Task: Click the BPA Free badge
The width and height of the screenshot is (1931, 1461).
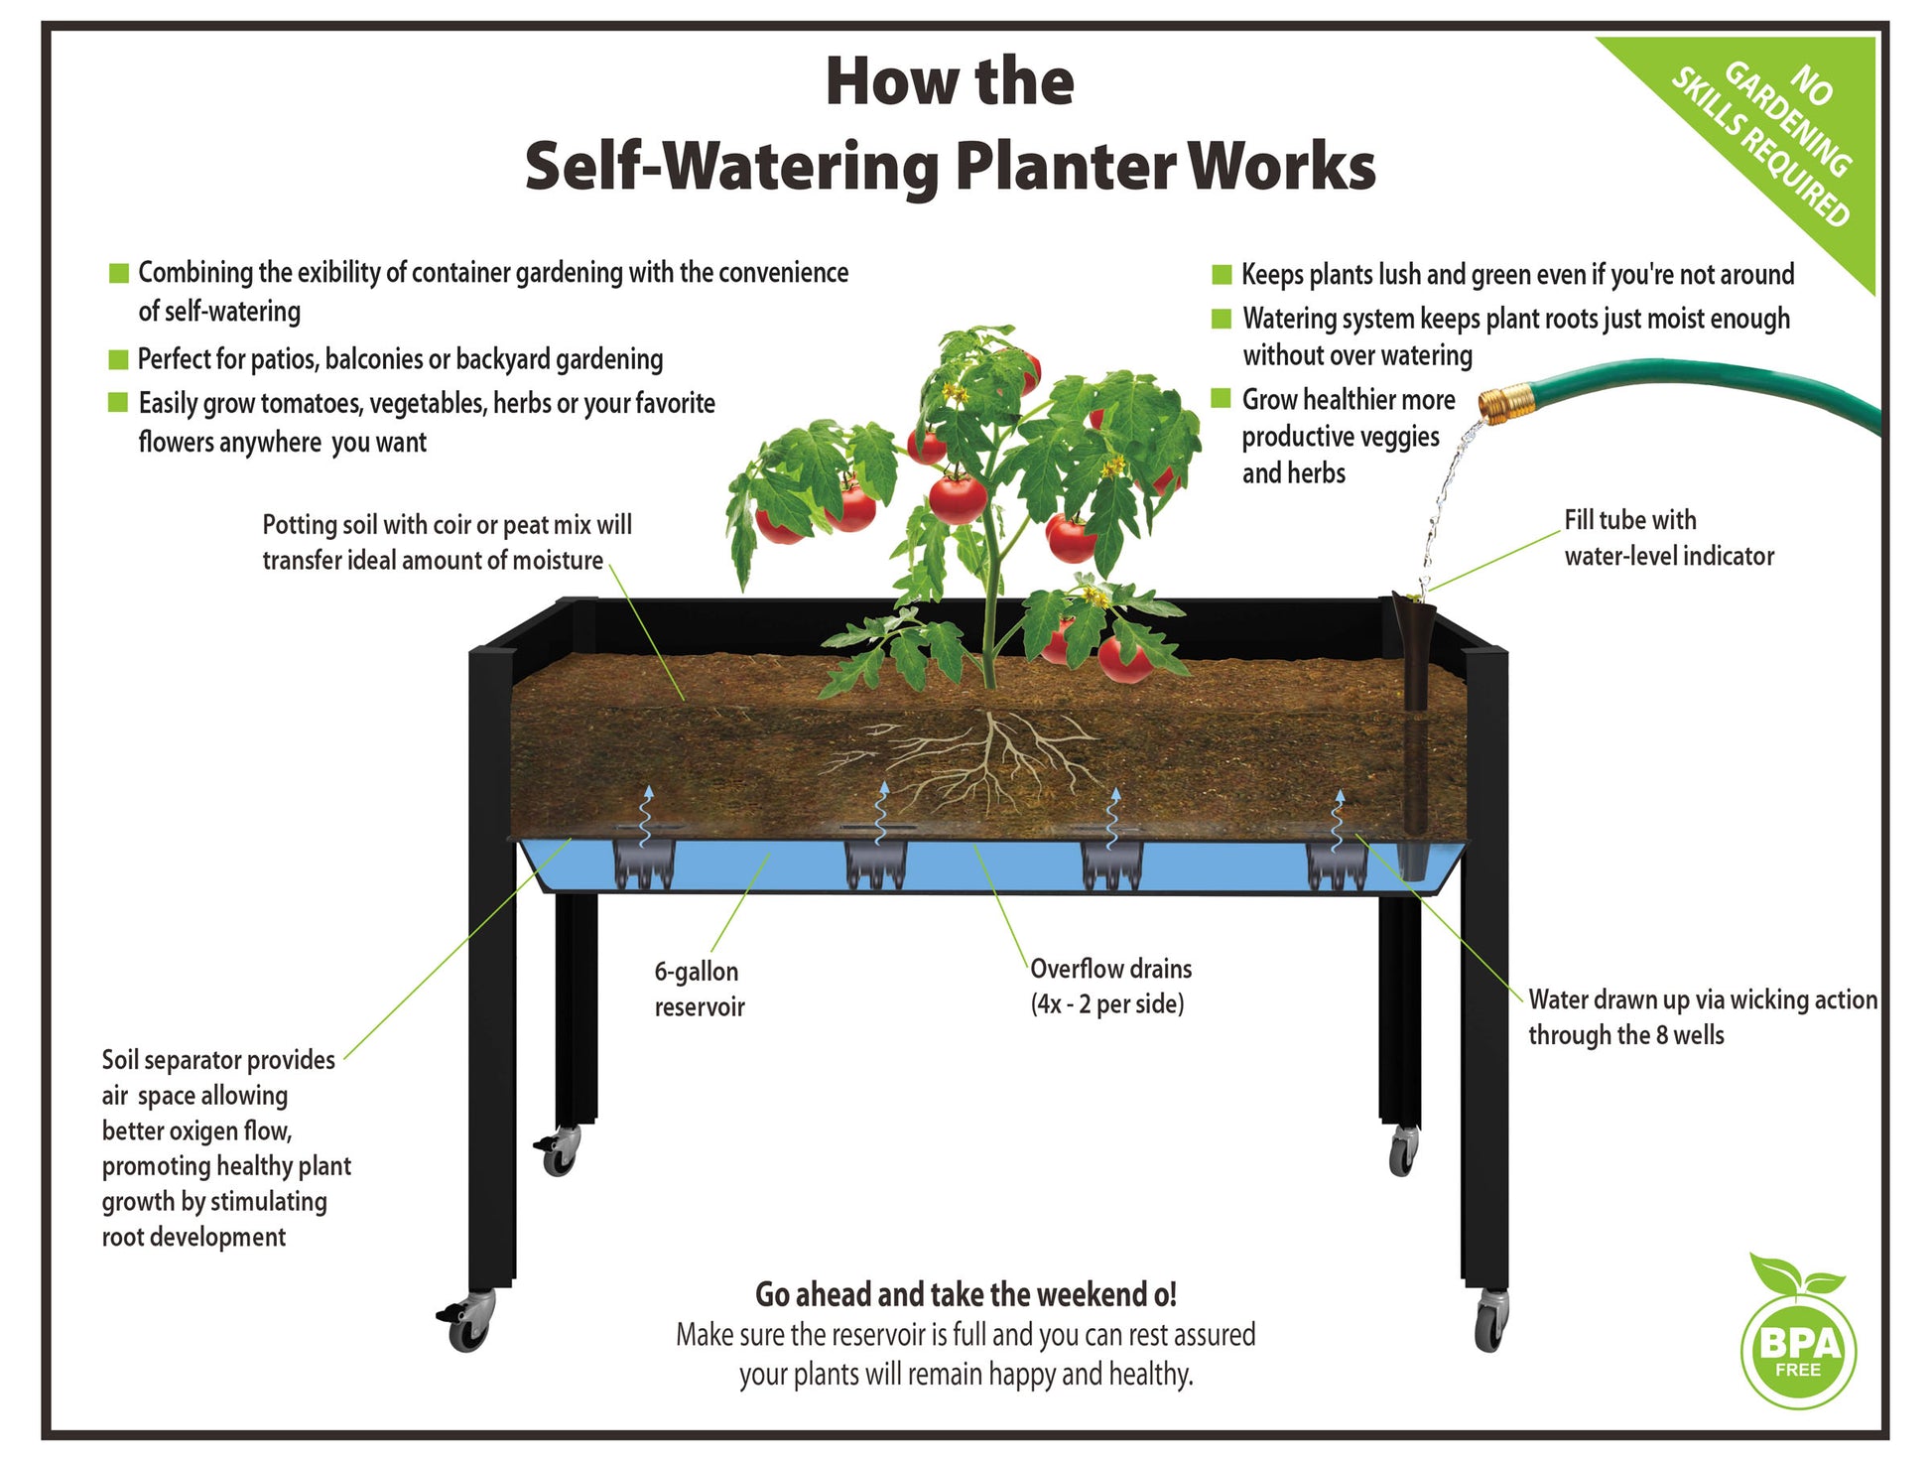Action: click(1798, 1350)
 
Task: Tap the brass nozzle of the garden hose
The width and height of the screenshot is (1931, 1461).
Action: click(1499, 403)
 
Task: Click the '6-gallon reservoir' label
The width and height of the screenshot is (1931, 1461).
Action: click(699, 989)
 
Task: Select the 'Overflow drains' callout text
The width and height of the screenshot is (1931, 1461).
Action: click(1110, 986)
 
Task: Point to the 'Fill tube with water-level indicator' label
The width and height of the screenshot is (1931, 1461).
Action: click(1668, 538)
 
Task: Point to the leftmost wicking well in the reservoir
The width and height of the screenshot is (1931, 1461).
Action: click(644, 863)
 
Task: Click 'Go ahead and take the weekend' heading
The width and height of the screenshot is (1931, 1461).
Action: click(965, 1294)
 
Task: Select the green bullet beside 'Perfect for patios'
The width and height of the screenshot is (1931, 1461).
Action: click(119, 359)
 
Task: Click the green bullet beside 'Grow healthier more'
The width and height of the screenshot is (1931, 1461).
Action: click(1222, 399)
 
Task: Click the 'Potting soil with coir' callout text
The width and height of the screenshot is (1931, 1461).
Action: click(447, 542)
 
